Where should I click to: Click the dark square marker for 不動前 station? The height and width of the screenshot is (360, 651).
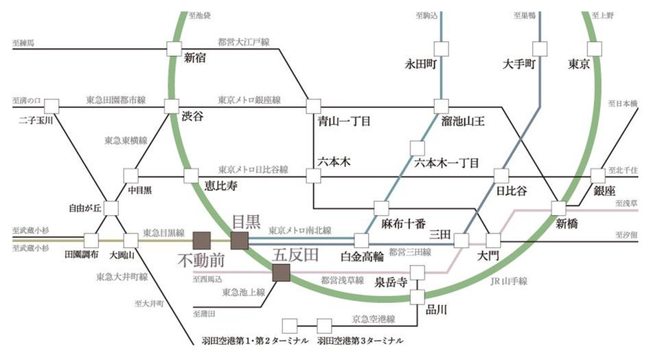[202, 240]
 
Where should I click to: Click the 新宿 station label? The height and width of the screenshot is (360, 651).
[196, 58]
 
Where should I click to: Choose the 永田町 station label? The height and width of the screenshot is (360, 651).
[422, 65]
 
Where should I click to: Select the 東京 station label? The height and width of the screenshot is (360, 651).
[580, 65]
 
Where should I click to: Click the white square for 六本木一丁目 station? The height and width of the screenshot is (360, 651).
[415, 148]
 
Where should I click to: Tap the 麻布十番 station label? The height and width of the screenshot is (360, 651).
[403, 223]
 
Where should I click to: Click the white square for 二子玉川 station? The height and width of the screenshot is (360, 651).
[52, 106]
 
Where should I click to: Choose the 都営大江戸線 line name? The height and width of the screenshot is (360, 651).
[243, 42]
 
